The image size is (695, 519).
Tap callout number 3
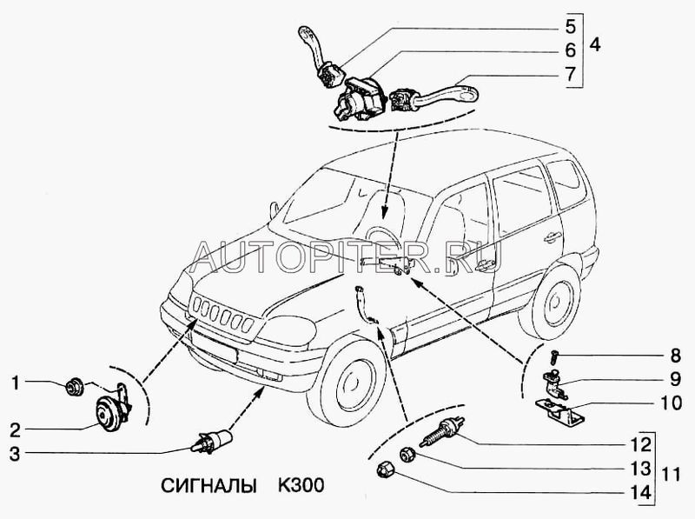[14, 452]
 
